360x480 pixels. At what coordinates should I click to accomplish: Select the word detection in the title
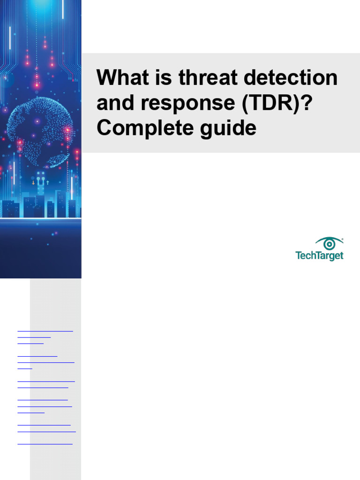tap(290, 78)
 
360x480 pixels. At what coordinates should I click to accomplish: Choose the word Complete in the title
tap(140, 128)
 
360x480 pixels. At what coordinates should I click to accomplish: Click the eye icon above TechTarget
tap(329, 244)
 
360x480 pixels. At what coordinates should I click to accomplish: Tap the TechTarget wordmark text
tap(319, 255)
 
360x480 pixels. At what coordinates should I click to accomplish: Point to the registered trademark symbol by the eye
tap(343, 239)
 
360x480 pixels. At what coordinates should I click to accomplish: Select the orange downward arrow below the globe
tap(33, 182)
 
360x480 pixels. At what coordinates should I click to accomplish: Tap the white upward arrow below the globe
tap(48, 182)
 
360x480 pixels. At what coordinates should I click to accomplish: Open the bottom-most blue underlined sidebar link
tap(45, 443)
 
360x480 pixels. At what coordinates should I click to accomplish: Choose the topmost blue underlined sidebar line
tap(45, 331)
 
